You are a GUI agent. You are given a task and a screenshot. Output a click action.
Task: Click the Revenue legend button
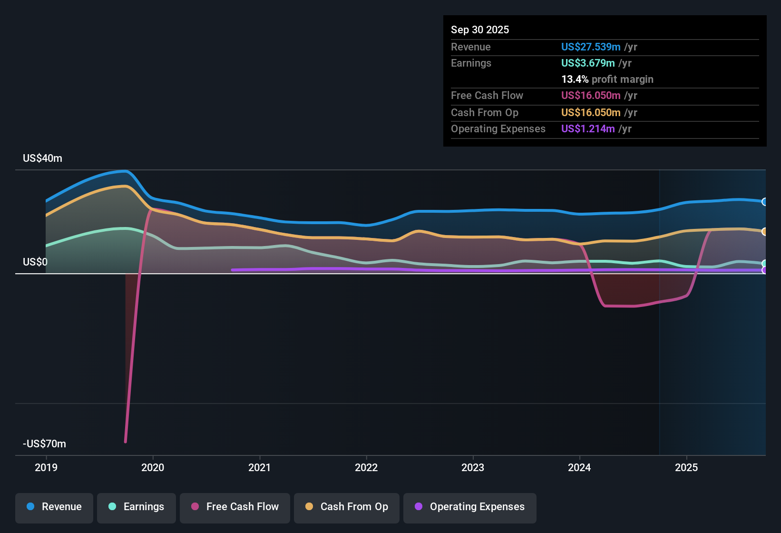54,507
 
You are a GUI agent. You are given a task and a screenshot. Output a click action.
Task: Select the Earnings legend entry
137,507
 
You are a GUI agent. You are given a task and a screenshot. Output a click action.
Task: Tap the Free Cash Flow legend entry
235,507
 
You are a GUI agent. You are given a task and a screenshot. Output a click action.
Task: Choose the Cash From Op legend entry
347,507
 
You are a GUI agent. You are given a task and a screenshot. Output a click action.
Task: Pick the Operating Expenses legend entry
470,507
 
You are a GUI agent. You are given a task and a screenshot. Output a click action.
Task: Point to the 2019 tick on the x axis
46,467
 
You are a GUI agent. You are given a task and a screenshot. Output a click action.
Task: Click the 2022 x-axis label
366,467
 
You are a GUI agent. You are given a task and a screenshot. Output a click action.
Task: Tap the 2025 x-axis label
686,467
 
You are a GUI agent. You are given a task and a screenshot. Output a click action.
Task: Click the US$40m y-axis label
42,158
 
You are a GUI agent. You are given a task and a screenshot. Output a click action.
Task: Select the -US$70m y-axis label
44,444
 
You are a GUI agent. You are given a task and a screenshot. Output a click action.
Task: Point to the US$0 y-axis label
35,262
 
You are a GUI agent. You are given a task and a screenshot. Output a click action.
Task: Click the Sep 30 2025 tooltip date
480,30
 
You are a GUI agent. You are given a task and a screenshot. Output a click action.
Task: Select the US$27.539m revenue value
591,47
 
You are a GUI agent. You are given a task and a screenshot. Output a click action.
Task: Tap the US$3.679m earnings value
588,63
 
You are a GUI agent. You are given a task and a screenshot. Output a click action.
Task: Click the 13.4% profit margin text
607,79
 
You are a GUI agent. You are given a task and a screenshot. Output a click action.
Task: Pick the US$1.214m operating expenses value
588,129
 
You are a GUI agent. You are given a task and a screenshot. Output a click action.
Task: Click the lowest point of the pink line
126,442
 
